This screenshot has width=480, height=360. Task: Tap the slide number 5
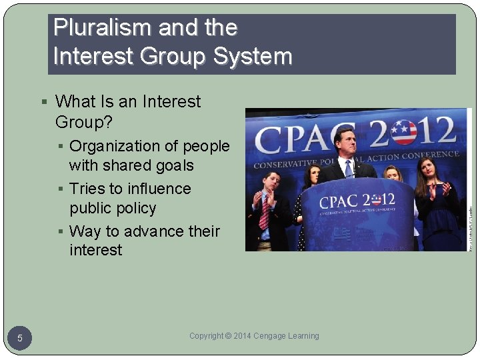(20, 339)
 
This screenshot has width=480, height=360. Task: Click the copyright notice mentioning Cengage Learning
(254, 336)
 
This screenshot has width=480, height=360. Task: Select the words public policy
(113, 208)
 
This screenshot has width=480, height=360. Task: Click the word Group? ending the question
(84, 122)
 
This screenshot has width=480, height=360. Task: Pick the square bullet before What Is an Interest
(44, 102)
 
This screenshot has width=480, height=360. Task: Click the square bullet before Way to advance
(60, 232)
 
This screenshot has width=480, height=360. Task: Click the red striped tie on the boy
(265, 213)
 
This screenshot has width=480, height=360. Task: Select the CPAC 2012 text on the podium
(357, 201)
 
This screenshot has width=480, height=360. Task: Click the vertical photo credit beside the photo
(469, 220)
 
